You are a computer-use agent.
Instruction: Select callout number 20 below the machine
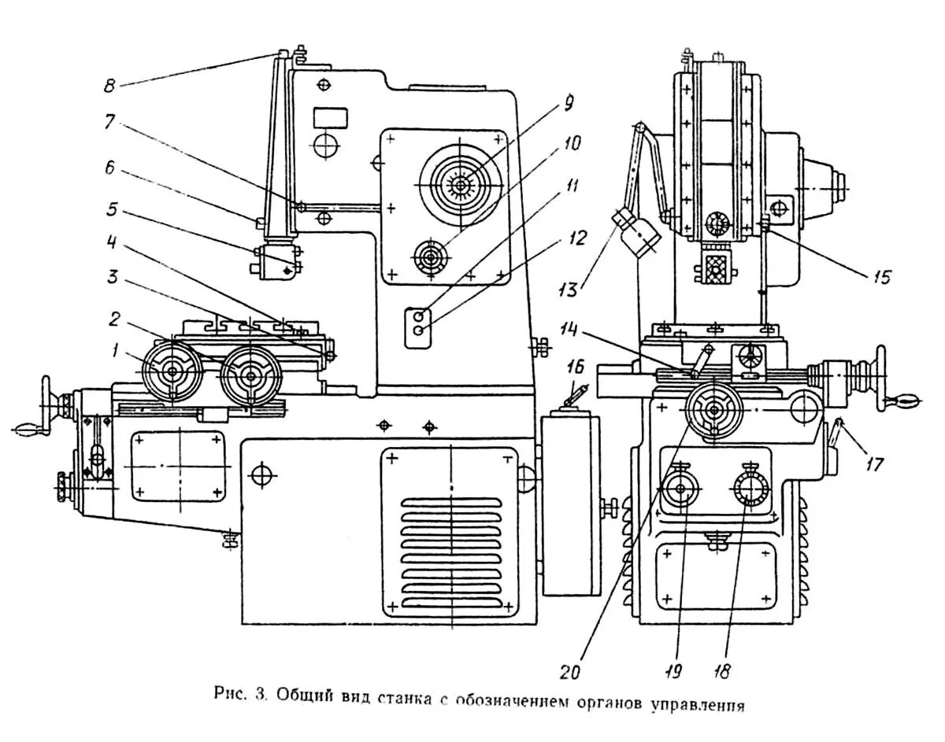tap(570, 671)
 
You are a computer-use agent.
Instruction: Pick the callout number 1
tap(116, 351)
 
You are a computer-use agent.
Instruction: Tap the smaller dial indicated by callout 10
tap(431, 257)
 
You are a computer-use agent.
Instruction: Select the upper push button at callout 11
tap(418, 316)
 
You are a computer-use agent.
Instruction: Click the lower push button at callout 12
tap(418, 331)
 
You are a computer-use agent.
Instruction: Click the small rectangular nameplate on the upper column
tap(331, 118)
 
